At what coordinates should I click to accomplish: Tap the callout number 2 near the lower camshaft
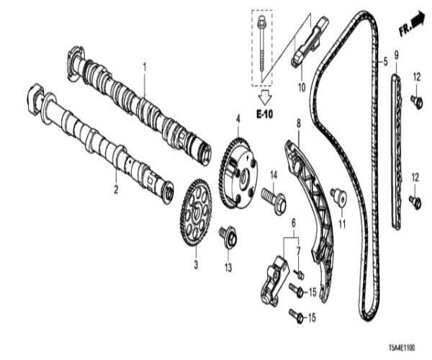pos(115,190)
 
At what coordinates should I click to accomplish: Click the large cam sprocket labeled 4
pos(239,170)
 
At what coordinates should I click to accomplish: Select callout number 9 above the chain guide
pos(395,55)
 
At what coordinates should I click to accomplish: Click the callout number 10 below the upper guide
pos(302,88)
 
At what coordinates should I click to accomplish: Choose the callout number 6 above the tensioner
pos(292,224)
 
